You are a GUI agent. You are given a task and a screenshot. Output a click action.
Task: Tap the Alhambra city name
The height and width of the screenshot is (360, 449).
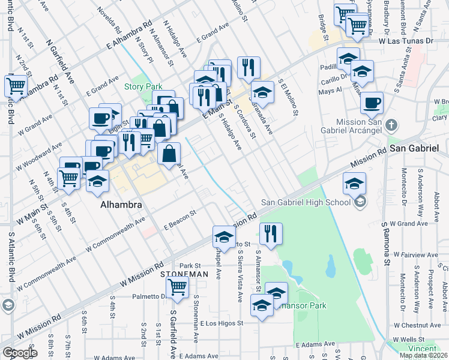click(121, 205)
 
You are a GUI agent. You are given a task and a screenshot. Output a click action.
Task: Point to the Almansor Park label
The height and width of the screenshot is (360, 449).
click(303, 305)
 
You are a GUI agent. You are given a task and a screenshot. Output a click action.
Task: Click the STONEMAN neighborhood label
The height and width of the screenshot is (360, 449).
click(184, 274)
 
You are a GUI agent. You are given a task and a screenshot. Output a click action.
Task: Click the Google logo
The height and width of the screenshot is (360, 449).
click(20, 353)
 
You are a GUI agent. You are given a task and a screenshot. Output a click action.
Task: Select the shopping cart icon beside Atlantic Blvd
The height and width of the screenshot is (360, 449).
click(16, 85)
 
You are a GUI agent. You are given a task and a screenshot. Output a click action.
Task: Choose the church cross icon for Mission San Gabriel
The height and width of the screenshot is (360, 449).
click(391, 125)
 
